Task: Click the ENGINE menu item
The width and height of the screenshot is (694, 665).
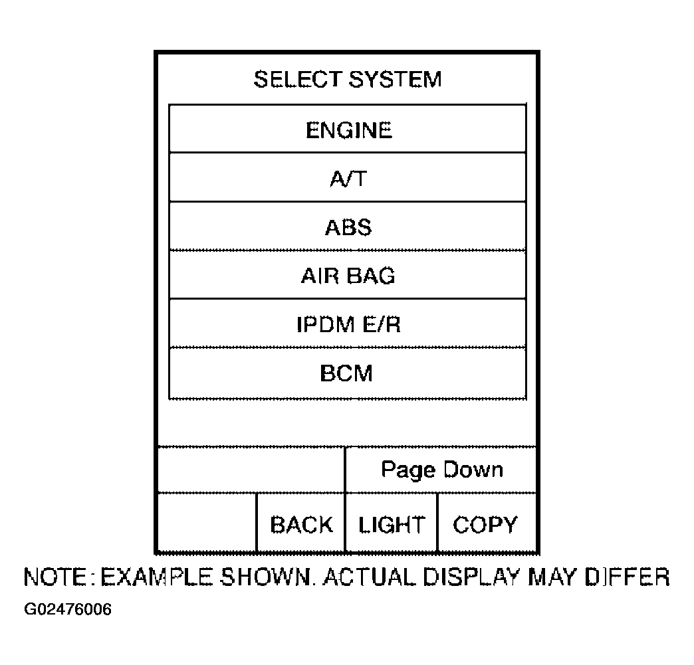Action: [x=348, y=129]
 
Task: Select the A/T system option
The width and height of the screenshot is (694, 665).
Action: [x=348, y=177]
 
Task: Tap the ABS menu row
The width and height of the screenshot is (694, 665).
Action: [x=348, y=226]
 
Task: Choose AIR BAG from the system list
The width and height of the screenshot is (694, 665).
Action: [x=348, y=275]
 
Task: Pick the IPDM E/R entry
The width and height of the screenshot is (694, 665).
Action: [x=348, y=324]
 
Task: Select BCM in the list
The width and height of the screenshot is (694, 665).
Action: [x=348, y=373]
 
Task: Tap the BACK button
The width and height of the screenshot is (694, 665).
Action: [x=301, y=523]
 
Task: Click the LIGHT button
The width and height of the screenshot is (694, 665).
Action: [x=392, y=523]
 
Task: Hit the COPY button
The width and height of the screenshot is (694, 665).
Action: [x=487, y=523]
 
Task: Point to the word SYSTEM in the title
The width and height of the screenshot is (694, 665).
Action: [x=395, y=80]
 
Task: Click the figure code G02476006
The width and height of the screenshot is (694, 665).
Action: [x=68, y=609]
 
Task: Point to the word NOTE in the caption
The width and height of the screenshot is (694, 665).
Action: [x=55, y=577]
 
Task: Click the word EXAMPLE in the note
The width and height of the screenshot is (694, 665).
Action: [x=156, y=577]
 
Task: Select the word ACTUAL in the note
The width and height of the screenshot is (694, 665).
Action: [x=369, y=577]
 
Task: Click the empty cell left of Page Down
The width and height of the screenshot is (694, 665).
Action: [x=251, y=470]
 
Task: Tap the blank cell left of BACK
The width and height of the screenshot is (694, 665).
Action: [x=207, y=523]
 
